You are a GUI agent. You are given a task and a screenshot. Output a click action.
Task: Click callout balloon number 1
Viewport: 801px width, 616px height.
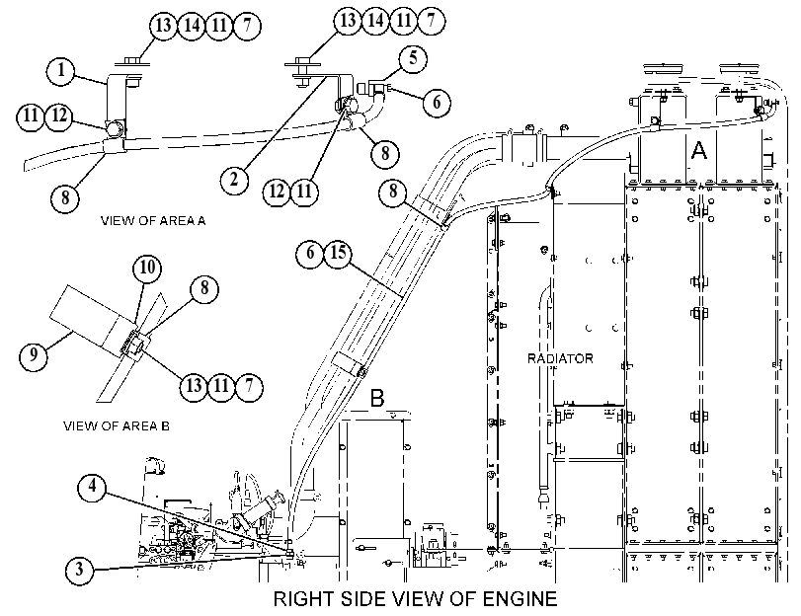61,70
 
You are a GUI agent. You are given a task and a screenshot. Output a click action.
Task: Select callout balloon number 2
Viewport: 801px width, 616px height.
234,180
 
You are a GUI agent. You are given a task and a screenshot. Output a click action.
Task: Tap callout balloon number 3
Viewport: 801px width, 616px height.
80,569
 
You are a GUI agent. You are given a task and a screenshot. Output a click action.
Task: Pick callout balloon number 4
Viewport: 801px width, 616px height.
92,486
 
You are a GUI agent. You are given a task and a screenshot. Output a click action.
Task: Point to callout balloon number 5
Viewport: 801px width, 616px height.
413,59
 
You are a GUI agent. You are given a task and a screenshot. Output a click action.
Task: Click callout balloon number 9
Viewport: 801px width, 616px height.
34,354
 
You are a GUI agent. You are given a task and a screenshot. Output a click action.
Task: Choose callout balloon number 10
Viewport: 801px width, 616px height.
147,268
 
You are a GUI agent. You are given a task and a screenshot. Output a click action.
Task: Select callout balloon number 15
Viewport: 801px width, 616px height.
338,253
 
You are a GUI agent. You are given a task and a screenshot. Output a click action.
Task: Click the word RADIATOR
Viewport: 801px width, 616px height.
560,358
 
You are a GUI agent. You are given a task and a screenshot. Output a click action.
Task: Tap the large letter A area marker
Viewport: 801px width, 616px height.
698,151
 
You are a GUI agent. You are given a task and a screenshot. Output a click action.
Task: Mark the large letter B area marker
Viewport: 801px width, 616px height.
377,398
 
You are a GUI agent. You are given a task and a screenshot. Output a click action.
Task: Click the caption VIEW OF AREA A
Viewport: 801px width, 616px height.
153,221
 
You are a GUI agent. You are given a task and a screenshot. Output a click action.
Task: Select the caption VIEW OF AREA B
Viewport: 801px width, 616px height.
117,425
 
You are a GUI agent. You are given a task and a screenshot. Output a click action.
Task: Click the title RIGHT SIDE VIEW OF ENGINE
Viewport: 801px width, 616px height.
415,598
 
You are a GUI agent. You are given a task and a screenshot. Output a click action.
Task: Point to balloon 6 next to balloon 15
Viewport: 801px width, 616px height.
310,253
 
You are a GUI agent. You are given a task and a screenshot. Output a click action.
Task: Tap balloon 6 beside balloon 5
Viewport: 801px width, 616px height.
437,102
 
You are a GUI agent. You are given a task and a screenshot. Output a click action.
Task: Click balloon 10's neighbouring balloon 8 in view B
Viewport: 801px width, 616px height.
204,288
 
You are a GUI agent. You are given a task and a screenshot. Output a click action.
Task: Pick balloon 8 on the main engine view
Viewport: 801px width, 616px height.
393,192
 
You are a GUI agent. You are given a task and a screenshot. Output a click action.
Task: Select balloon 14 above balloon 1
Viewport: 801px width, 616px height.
192,25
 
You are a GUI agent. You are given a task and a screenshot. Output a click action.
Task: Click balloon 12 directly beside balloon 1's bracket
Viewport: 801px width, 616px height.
59,115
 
